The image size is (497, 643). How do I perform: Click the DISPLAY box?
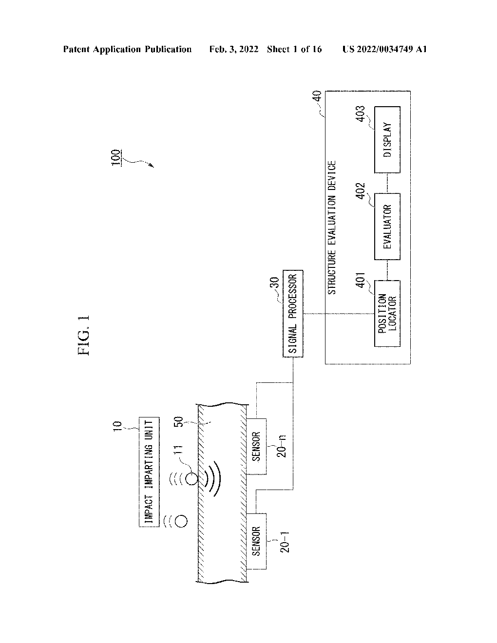click(x=387, y=139)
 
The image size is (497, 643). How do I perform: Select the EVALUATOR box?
click(x=387, y=227)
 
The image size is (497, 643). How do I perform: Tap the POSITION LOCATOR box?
click(x=387, y=313)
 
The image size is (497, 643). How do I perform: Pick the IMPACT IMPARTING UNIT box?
click(x=149, y=472)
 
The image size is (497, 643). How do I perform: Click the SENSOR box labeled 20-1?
click(x=256, y=541)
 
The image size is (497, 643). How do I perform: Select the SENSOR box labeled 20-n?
click(x=256, y=446)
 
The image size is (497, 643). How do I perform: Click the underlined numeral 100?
click(x=116, y=158)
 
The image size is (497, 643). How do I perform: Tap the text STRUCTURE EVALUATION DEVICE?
click(x=331, y=228)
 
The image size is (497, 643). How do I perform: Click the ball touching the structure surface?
click(x=191, y=478)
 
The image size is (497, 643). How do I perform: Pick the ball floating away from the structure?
click(x=181, y=521)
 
